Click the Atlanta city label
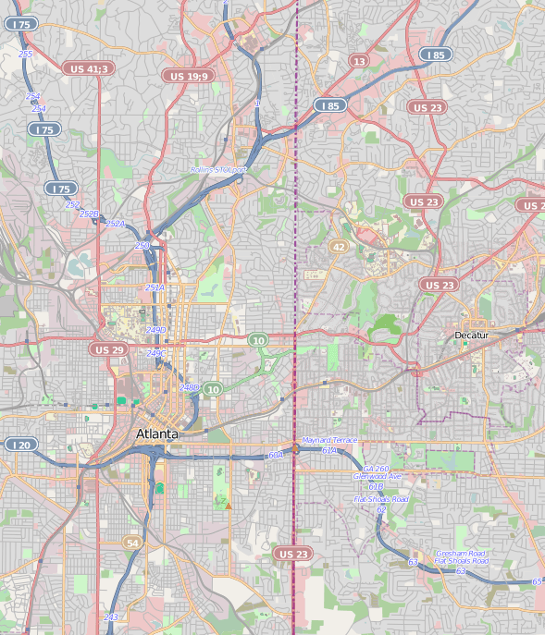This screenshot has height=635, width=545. coord(156,433)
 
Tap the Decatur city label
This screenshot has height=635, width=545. coord(477,334)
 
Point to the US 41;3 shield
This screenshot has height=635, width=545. coord(89,68)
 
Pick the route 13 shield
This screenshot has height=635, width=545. coord(359,60)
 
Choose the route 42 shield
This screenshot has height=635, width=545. coord(339,247)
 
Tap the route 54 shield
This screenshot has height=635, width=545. coord(132,543)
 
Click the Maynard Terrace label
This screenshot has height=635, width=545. coord(329,440)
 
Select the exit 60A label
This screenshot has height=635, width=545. coord(275,455)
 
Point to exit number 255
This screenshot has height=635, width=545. coord(25,55)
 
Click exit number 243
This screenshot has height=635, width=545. coord(111,617)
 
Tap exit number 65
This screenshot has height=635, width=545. coord(538,581)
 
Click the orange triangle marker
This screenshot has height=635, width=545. coord(229,506)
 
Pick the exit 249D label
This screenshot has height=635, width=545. coord(155,330)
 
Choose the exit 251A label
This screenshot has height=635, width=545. coord(155,287)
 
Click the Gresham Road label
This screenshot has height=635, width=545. coord(461,553)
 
